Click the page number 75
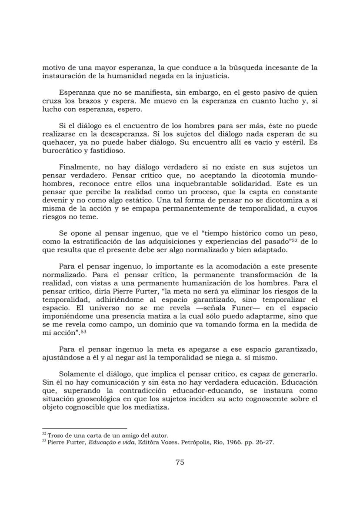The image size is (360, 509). click(180, 462)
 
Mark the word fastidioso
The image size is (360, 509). click(107, 151)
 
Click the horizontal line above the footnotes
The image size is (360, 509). click(84, 429)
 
